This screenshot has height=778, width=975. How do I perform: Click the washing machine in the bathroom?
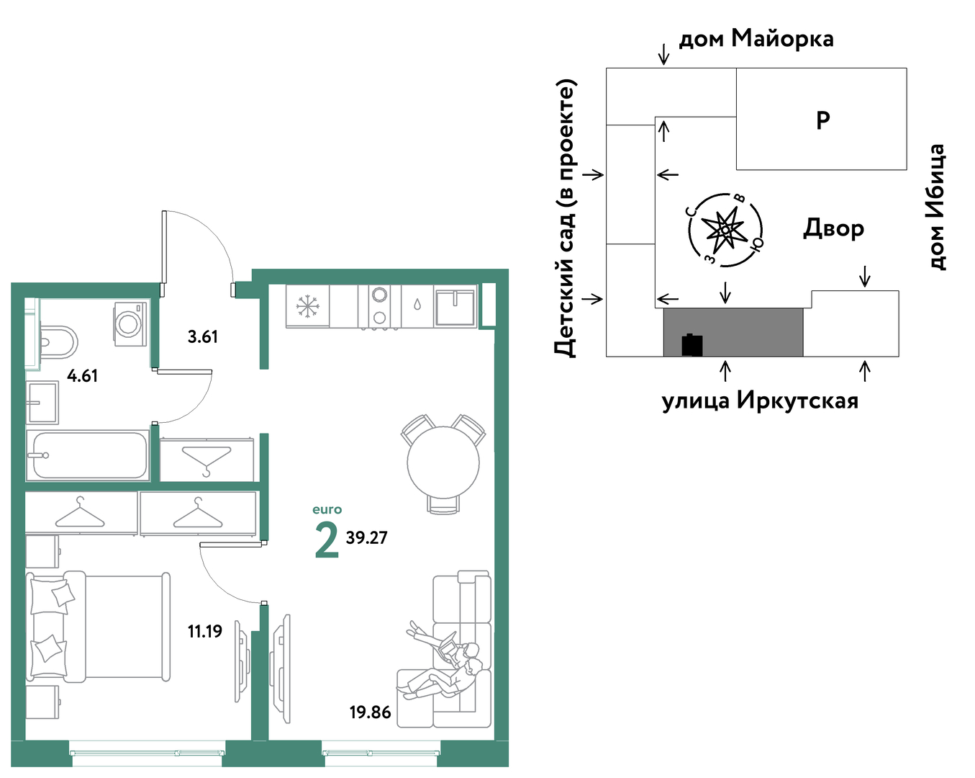(x=130, y=324)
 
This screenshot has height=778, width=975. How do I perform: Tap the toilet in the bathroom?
(x=58, y=342)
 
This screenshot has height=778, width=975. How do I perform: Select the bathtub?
(x=88, y=455)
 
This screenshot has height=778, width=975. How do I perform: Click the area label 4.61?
(x=83, y=376)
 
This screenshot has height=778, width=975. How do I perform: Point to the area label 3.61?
(x=203, y=337)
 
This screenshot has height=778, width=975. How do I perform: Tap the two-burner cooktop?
(x=380, y=305)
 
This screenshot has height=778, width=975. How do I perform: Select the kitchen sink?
(x=455, y=307)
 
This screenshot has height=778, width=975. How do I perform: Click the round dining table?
(x=443, y=463)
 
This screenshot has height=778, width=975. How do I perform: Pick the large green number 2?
(x=327, y=540)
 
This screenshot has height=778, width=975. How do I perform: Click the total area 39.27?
(x=366, y=538)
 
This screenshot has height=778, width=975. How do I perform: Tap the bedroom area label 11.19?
(x=205, y=632)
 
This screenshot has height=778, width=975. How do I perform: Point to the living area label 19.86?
(x=370, y=712)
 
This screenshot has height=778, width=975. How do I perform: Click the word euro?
(x=327, y=510)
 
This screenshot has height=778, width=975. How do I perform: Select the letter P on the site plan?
(x=822, y=120)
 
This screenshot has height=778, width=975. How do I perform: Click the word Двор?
(x=834, y=228)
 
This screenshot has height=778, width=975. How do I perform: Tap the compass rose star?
(x=725, y=230)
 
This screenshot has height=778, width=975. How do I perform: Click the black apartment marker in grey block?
(x=692, y=345)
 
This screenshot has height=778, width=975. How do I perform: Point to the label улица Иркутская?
(x=761, y=401)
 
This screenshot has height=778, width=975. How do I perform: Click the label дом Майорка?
(x=756, y=39)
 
